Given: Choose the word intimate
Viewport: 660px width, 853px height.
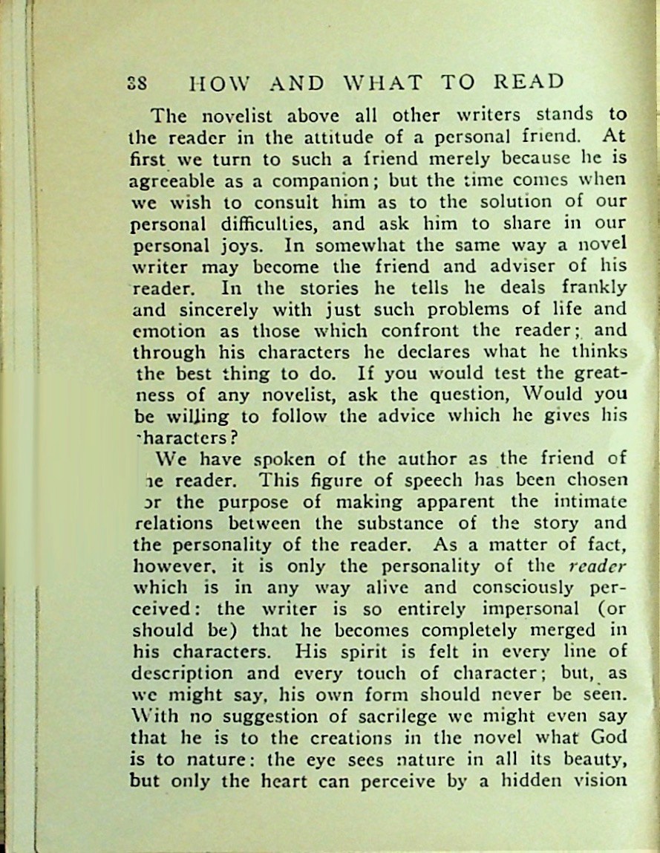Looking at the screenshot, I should click(583, 501).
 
